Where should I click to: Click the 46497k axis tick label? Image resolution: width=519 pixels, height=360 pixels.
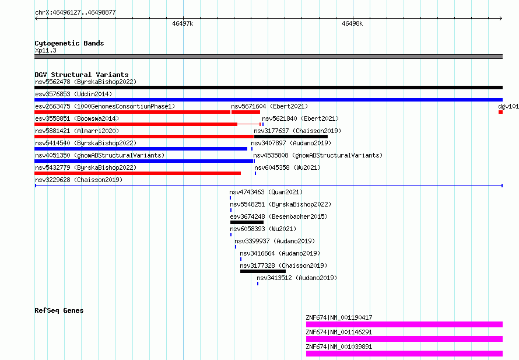click(x=183, y=23)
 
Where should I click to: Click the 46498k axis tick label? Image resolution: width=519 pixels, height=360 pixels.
click(x=352, y=23)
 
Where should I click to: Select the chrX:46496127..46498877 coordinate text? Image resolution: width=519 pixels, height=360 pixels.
click(x=75, y=12)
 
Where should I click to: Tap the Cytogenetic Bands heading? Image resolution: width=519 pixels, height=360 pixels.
click(x=69, y=43)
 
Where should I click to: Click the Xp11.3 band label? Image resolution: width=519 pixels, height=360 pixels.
click(x=45, y=50)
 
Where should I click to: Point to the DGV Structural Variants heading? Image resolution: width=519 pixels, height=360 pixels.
click(x=82, y=75)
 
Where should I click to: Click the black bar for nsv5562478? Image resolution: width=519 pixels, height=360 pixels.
click(x=268, y=88)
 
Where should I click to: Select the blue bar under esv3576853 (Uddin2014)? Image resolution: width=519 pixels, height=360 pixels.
click(x=268, y=100)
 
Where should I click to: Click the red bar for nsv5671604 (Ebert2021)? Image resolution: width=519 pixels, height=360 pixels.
click(x=246, y=112)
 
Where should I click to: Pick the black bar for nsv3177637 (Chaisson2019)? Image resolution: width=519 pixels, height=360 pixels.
click(x=291, y=137)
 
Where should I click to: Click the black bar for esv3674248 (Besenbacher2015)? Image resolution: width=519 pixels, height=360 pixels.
click(x=247, y=222)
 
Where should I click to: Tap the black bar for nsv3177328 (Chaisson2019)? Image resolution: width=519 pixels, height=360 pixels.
click(x=263, y=271)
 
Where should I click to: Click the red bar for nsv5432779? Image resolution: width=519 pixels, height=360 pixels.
click(x=138, y=173)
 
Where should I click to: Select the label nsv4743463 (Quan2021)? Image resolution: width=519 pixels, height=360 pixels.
click(x=266, y=192)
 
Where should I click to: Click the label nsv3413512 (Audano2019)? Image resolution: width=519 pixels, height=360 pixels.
click(x=297, y=278)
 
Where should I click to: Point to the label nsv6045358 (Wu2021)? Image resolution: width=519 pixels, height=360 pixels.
click(x=287, y=167)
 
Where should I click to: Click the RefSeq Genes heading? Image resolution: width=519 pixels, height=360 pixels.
click(x=59, y=310)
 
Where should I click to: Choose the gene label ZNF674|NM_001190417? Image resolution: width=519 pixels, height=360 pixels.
click(x=339, y=317)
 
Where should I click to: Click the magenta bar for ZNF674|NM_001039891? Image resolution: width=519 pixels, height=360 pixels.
click(x=405, y=354)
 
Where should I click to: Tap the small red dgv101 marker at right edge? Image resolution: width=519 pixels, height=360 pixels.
click(x=500, y=112)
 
